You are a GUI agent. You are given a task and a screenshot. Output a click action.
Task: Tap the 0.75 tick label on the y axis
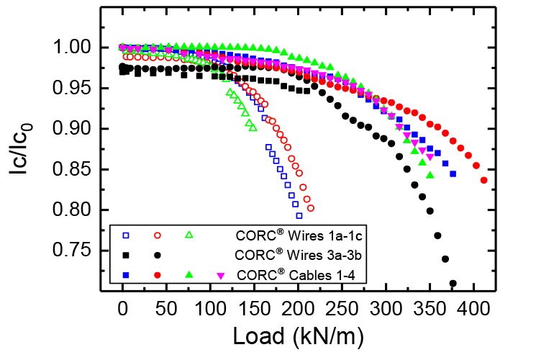click(x=83, y=251)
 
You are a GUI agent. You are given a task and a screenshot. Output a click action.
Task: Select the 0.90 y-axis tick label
click(x=83, y=129)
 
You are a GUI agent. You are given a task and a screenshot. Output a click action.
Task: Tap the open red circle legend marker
click(x=158, y=235)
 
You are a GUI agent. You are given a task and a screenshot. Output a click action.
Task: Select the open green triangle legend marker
click(x=190, y=235)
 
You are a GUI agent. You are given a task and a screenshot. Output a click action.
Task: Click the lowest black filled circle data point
click(x=453, y=284)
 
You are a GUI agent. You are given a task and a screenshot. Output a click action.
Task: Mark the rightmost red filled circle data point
click(x=484, y=180)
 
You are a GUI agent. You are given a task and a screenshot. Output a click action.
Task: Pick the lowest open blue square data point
click(x=299, y=215)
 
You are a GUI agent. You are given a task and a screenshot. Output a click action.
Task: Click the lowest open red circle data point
click(x=311, y=208)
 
